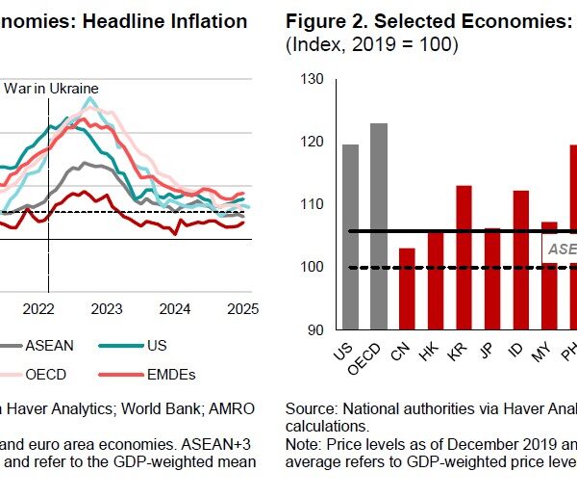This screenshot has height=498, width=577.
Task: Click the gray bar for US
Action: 351,237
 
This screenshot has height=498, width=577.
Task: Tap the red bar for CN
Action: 407,288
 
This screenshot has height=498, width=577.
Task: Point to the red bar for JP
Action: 491,278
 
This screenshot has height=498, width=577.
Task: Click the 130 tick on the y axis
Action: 313,79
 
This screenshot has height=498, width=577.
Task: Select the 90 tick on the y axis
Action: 314,330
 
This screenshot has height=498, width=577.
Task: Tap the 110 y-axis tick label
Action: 313,205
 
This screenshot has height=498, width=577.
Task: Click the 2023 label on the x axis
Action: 106,309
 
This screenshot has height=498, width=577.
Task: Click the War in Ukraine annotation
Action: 53,89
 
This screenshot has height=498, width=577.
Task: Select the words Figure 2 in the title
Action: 333,21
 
